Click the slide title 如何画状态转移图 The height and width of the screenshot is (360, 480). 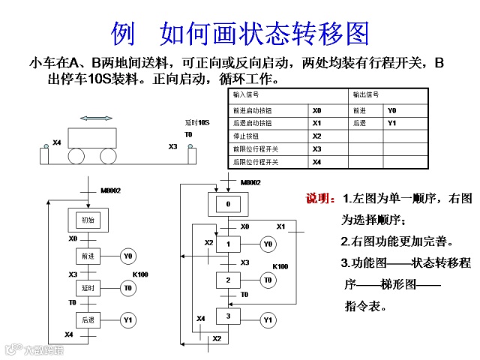tap(265, 33)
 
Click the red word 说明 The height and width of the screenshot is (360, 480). tap(320, 199)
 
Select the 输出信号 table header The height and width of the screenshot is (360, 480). tap(366, 95)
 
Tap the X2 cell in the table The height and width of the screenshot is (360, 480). tap(316, 136)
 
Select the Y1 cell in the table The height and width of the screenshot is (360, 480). tap(391, 122)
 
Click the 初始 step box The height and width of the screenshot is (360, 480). tap(90, 220)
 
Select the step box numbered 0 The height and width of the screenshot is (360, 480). tap(228, 204)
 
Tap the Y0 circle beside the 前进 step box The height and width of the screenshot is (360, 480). tap(128, 256)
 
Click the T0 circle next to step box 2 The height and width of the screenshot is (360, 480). tap(267, 280)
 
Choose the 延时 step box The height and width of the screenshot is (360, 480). tap(90, 287)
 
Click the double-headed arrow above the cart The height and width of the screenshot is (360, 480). tap(97, 118)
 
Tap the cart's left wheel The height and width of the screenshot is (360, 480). tap(77, 156)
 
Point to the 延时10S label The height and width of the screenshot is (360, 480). tap(197, 122)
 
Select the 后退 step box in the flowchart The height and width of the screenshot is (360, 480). tap(90, 320)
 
